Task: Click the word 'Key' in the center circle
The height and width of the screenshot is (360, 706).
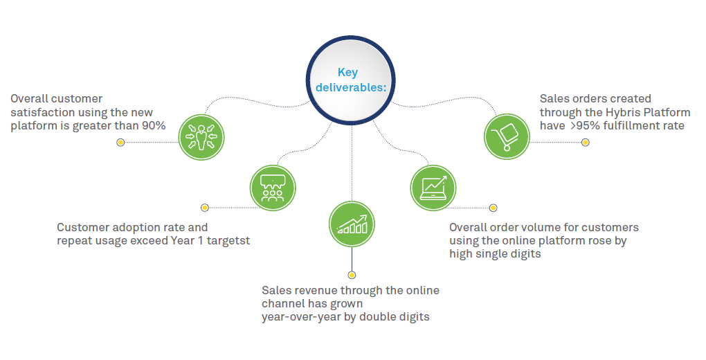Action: click(347, 72)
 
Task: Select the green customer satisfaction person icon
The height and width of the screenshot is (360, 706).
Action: click(201, 135)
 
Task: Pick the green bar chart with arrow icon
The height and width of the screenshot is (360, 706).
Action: click(352, 225)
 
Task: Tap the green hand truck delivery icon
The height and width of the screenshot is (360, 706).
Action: click(507, 133)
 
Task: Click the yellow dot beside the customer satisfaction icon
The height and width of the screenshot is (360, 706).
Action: click(120, 143)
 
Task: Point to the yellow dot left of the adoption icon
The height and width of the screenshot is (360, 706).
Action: click(204, 207)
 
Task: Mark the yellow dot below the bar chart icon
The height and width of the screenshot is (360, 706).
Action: click(352, 276)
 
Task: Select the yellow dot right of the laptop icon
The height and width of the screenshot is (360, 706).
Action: click(494, 208)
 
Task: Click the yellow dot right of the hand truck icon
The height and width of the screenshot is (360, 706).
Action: click(586, 143)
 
